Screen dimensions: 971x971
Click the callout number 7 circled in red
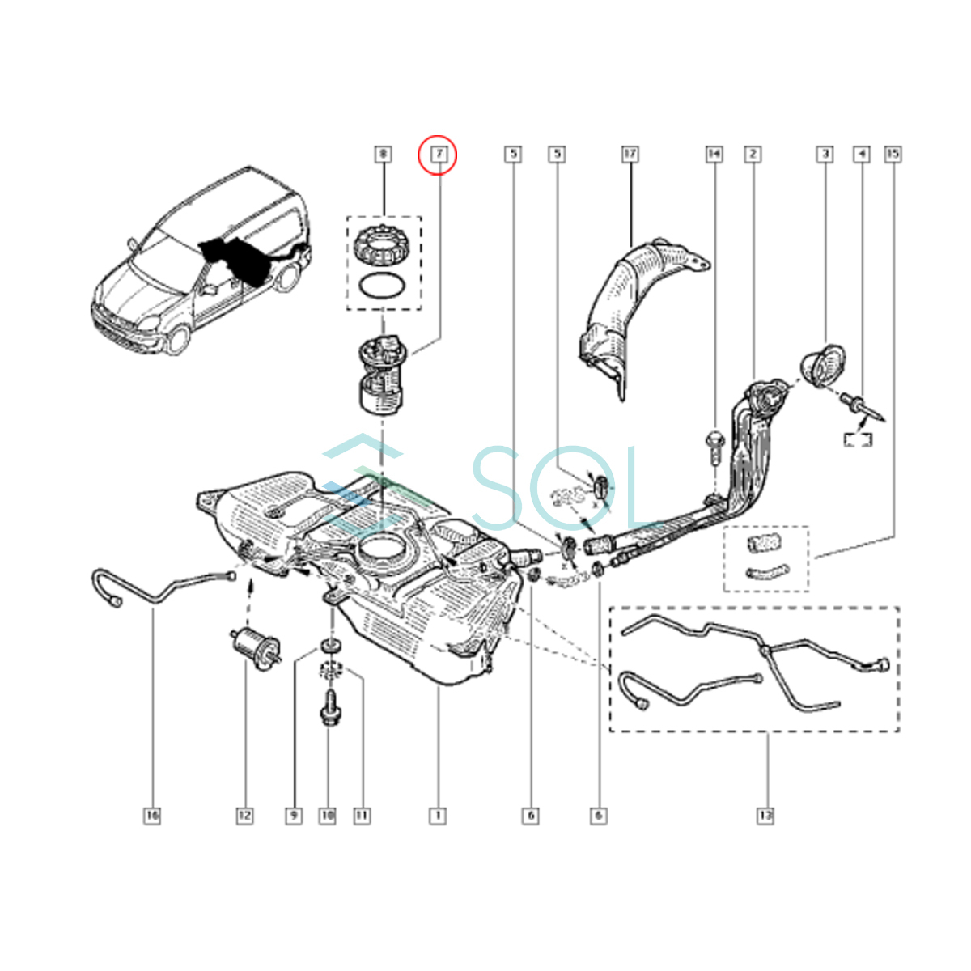pos(438,153)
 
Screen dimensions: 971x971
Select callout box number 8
pos(383,153)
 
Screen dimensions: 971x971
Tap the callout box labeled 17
pos(630,153)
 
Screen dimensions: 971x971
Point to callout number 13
pos(765,816)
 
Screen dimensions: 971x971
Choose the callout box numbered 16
pos(152,816)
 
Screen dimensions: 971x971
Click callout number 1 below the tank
pos(438,816)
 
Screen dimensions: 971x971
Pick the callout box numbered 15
pos(893,153)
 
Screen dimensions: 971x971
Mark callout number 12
pos(244,816)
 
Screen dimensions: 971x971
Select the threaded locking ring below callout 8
pos(382,244)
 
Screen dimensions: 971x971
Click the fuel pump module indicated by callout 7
pos(380,376)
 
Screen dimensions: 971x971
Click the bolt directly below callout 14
pos(714,445)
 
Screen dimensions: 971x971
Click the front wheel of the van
pos(180,338)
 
